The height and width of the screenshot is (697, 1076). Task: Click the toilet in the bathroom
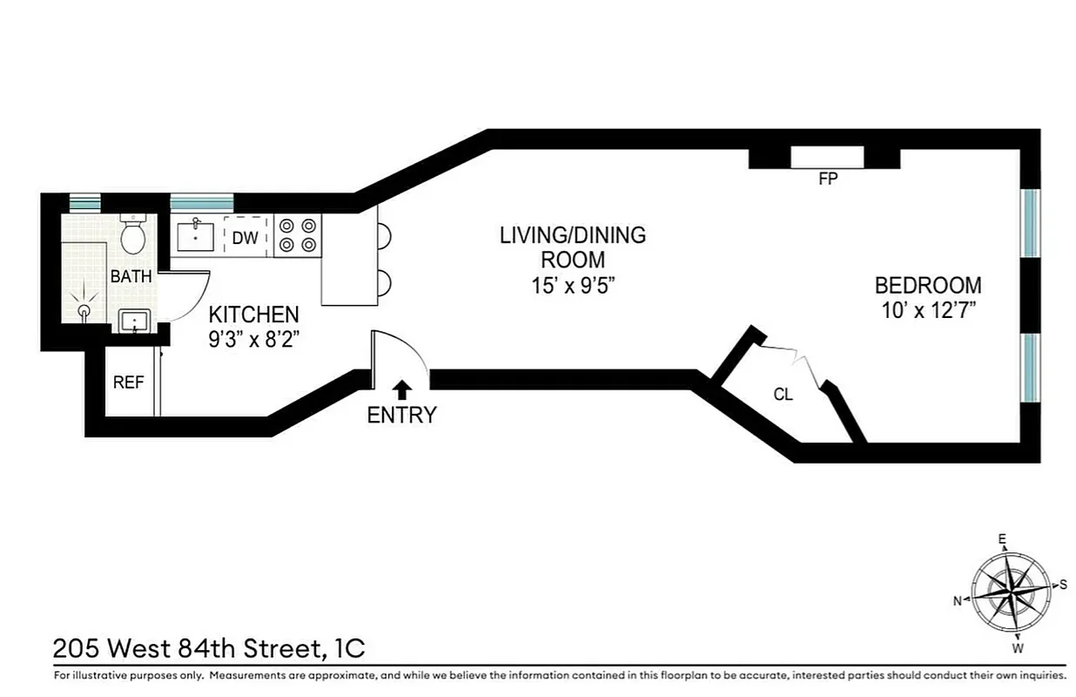(x=133, y=235)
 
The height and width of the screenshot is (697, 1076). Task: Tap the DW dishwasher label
(x=245, y=237)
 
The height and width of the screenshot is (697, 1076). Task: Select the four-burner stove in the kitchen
(x=298, y=235)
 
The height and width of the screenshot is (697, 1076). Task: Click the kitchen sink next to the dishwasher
(x=196, y=235)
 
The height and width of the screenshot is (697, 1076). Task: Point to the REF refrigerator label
(x=128, y=382)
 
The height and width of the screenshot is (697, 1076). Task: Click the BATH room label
(x=131, y=277)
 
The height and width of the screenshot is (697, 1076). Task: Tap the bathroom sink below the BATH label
(x=135, y=321)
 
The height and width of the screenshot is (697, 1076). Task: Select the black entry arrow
(x=401, y=389)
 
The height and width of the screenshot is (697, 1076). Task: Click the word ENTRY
(x=401, y=416)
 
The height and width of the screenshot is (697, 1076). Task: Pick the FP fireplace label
(x=827, y=180)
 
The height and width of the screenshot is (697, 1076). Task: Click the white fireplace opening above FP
(x=826, y=157)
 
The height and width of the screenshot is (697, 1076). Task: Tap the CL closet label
(x=783, y=395)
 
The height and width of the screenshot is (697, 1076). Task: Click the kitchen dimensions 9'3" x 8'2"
(x=252, y=341)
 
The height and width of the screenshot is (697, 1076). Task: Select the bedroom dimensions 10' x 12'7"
(x=928, y=311)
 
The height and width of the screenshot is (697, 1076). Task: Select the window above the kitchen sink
(x=201, y=202)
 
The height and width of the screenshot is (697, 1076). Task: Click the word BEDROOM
(x=928, y=285)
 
